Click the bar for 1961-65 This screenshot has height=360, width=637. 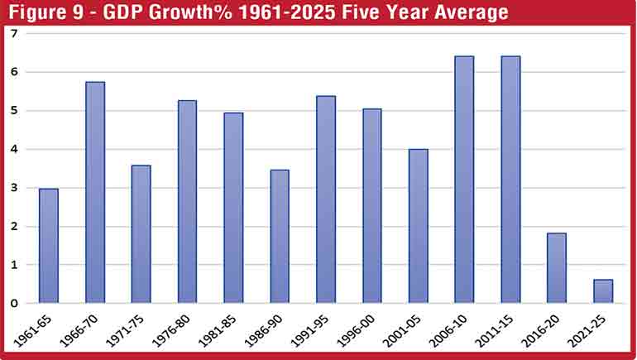(x=49, y=246)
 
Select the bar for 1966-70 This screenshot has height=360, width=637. (x=95, y=192)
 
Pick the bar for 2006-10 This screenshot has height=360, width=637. (x=464, y=179)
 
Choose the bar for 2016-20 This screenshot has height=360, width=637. (x=557, y=268)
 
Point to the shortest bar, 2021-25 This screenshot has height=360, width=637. (x=603, y=291)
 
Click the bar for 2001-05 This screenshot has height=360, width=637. (x=418, y=226)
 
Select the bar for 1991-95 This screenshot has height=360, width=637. (x=326, y=199)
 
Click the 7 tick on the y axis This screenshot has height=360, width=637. (x=14, y=34)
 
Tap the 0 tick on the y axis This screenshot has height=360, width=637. (x=14, y=304)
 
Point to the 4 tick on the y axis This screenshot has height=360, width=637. (x=14, y=150)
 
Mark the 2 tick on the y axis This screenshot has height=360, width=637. (x=14, y=227)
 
